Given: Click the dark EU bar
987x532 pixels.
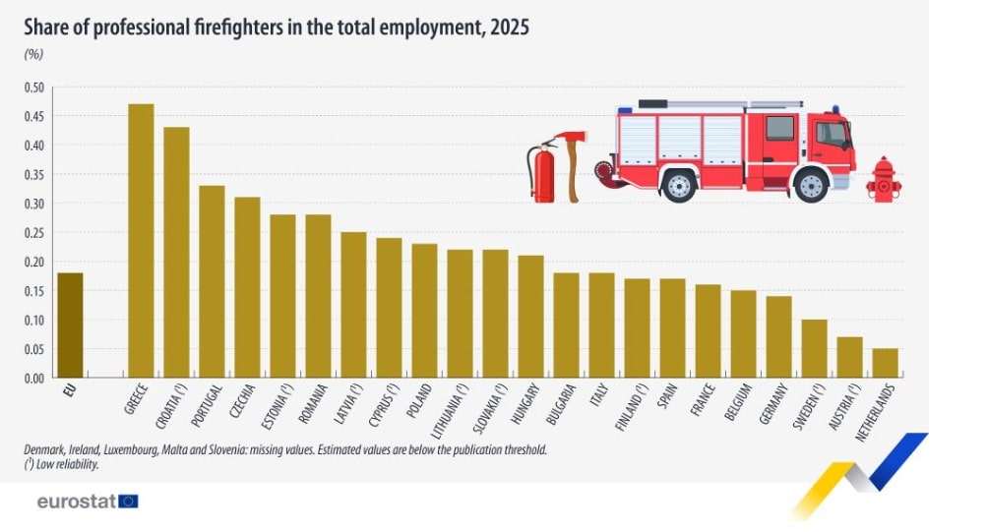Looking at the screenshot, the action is click(70, 325).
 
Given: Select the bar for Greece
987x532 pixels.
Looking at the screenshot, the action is click(141, 241).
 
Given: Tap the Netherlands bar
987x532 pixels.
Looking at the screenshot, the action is click(885, 363).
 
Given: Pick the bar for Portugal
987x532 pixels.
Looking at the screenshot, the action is click(212, 281).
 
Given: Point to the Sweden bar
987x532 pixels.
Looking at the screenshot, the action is click(815, 348).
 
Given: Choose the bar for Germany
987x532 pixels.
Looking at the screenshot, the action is click(778, 337).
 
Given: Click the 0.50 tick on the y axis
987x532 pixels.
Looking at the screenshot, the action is click(34, 88).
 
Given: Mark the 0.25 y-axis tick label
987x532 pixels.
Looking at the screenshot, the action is click(34, 233).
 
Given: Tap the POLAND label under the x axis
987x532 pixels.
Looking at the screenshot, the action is click(418, 400).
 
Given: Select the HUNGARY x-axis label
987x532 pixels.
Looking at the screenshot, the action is click(525, 403).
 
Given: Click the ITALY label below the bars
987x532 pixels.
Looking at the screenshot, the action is click(599, 394).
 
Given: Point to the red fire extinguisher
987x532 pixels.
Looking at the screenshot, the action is click(542, 171).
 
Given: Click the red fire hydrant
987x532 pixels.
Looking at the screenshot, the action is click(883, 180).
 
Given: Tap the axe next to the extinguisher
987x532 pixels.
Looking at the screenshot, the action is click(572, 166).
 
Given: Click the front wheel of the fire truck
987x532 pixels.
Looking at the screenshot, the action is click(811, 186).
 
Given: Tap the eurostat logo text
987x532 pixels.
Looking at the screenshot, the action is click(77, 502).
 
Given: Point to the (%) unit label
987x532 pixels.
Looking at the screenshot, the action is click(33, 54).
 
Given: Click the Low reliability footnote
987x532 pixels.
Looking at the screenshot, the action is click(62, 465).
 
